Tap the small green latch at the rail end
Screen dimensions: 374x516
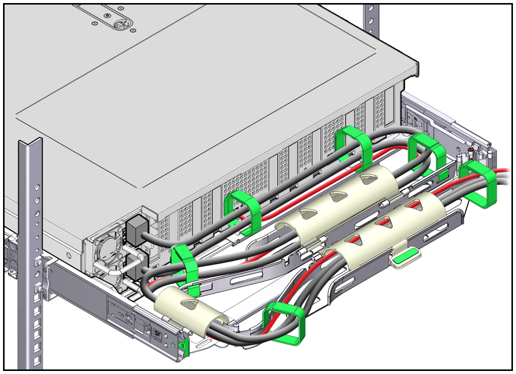186,346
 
